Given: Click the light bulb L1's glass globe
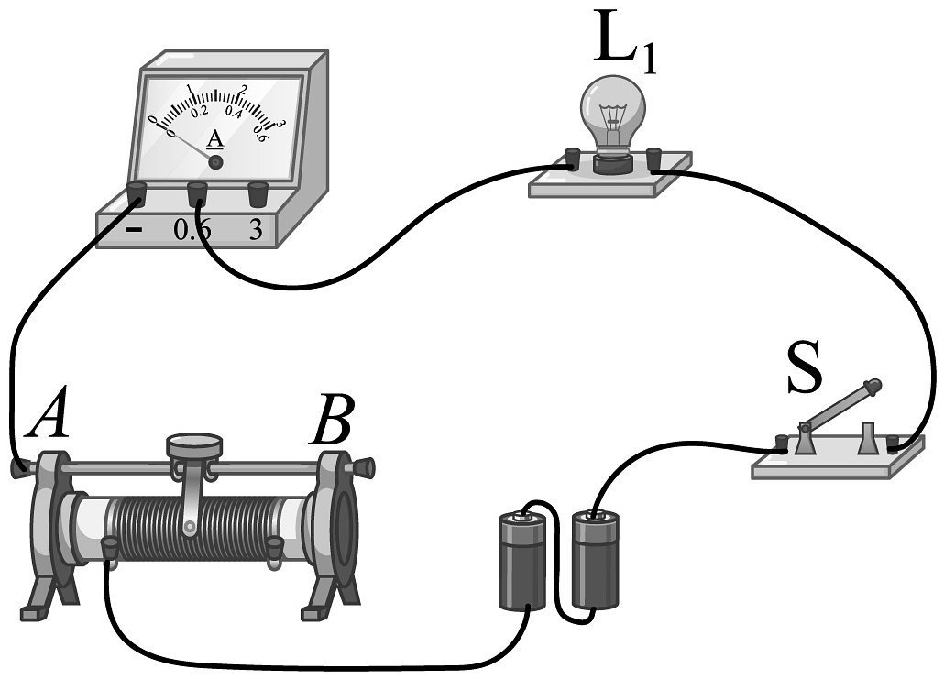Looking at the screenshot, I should (x=612, y=108).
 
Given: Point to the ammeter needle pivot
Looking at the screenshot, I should (x=216, y=162).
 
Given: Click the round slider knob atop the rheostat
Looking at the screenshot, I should (x=194, y=444).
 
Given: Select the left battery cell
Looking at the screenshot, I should (x=523, y=562).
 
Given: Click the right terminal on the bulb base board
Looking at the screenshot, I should (x=654, y=159).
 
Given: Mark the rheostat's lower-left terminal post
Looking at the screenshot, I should (x=110, y=548).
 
